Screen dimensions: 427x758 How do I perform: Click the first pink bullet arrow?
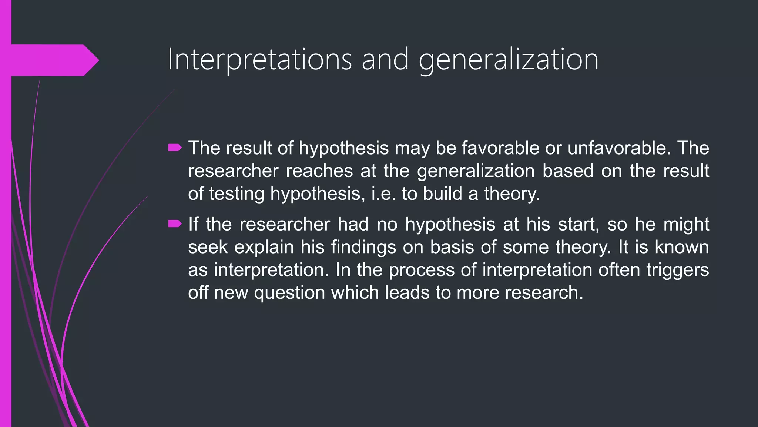175,148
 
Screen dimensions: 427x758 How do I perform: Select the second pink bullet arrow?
175,224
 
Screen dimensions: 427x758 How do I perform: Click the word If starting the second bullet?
193,224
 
